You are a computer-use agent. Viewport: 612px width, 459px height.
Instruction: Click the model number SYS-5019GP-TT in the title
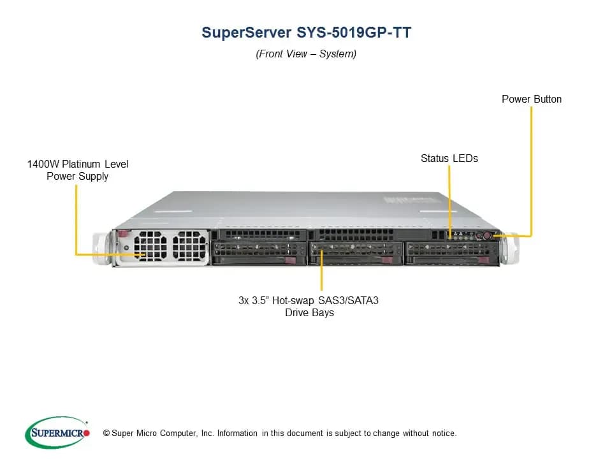click(x=354, y=33)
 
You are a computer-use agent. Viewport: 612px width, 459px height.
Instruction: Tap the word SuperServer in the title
click(x=246, y=33)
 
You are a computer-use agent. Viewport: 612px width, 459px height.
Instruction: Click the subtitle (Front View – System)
click(x=306, y=54)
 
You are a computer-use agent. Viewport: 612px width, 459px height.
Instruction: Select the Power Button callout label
click(x=532, y=99)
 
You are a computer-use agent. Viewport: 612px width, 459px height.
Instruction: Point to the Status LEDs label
click(x=449, y=159)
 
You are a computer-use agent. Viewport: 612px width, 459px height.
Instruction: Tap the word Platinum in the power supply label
click(x=81, y=164)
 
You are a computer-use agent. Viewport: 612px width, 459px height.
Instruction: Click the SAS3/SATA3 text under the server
click(x=348, y=300)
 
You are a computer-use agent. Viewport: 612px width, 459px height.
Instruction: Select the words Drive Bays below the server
click(x=310, y=313)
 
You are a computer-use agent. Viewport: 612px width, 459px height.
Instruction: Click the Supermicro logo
click(x=57, y=432)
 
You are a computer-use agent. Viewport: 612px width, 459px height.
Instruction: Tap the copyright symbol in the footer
click(x=106, y=433)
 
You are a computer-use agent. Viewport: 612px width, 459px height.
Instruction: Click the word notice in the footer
click(x=444, y=433)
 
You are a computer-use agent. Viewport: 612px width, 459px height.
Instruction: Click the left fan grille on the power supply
click(x=150, y=245)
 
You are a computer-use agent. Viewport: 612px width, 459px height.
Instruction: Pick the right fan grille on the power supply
click(x=189, y=245)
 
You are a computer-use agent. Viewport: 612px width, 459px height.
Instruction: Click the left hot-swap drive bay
click(x=259, y=254)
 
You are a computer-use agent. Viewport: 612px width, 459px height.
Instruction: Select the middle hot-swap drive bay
click(x=356, y=254)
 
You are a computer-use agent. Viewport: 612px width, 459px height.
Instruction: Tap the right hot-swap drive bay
click(x=452, y=254)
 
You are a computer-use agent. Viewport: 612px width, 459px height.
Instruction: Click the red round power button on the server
click(x=486, y=235)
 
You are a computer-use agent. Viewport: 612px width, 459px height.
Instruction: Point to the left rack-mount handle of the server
click(x=101, y=248)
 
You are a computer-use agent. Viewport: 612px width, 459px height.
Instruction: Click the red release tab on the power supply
click(x=123, y=233)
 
